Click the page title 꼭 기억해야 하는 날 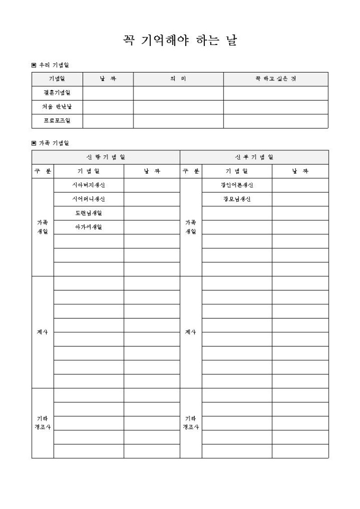click(179, 41)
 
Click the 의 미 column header click(178, 79)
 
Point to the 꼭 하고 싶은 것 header click(275, 79)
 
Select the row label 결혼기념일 click(57, 93)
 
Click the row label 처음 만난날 click(57, 107)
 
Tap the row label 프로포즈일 click(57, 121)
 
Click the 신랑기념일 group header click(106, 157)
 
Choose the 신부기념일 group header click(254, 157)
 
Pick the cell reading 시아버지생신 click(88, 185)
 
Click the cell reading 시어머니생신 click(88, 199)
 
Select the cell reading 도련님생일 click(88, 213)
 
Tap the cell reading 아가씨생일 click(88, 227)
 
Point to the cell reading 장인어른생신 click(237, 185)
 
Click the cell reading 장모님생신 click(237, 199)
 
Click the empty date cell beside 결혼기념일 click(108, 93)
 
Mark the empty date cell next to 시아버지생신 click(152, 185)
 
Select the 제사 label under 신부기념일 click(191, 332)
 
